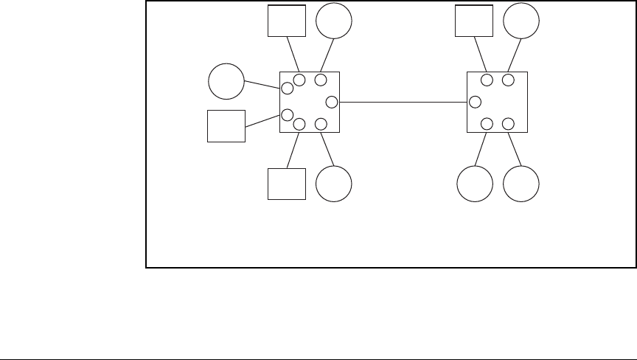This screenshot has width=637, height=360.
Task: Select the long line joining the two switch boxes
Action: click(x=403, y=102)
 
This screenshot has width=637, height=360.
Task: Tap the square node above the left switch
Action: click(x=287, y=21)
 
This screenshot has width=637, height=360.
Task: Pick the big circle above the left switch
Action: click(x=334, y=21)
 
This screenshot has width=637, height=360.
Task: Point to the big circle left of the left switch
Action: click(x=226, y=81)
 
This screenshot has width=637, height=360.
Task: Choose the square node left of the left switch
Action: click(x=226, y=125)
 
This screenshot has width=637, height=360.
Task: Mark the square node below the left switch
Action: click(x=287, y=184)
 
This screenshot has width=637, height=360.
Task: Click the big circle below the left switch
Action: click(x=334, y=184)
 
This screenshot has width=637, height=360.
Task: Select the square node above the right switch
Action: click(x=474, y=21)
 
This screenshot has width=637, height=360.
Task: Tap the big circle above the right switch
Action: click(x=521, y=21)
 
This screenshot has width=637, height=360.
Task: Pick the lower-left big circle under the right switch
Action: click(x=474, y=184)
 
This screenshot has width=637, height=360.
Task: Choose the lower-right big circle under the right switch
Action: click(x=521, y=184)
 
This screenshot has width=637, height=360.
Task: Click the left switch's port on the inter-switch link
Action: click(x=332, y=102)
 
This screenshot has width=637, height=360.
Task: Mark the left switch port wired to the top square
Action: click(x=299, y=80)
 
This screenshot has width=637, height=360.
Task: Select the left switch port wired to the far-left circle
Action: click(x=288, y=89)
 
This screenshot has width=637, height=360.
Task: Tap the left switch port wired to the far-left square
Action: click(x=288, y=114)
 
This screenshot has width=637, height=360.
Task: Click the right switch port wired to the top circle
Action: click(x=508, y=80)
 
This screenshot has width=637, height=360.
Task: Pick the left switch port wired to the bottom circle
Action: click(x=321, y=124)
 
